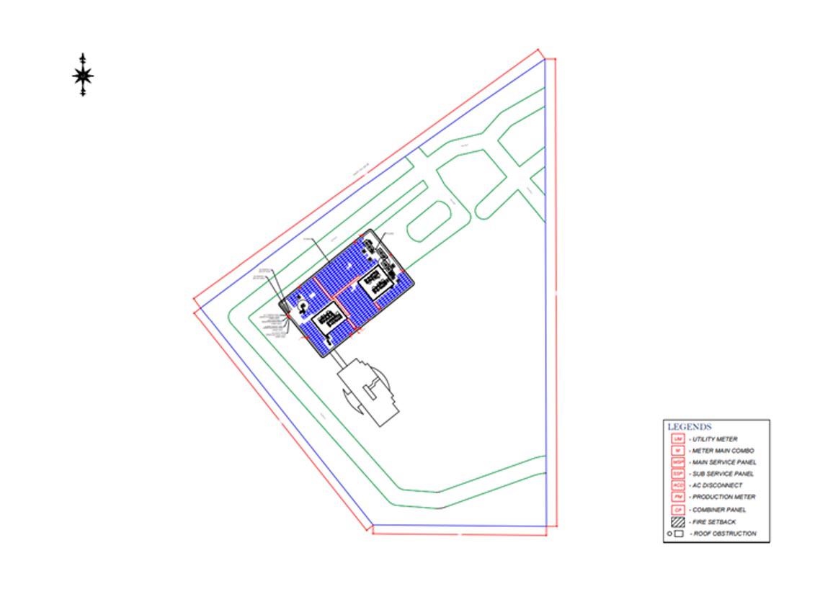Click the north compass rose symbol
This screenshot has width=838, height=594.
coord(84,75)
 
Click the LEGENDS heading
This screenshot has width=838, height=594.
coord(690,427)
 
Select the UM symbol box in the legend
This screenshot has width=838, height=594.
coord(677,439)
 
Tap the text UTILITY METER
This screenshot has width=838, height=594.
coord(715,439)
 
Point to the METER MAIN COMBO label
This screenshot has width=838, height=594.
coord(723,451)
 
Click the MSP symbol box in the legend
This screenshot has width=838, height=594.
coord(677,462)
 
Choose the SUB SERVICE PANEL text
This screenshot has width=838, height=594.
coord(723,474)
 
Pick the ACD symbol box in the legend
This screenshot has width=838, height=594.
coord(677,485)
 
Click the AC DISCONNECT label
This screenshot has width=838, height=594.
coord(717,485)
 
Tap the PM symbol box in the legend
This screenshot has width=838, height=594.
coord(677,497)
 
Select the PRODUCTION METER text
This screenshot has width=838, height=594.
coord(723,497)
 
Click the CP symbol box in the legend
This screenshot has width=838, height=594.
coord(677,510)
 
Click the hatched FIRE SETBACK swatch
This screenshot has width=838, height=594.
coord(677,522)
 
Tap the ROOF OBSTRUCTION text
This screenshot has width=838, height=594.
coord(724,534)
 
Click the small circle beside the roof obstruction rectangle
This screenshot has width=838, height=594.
coord(669,534)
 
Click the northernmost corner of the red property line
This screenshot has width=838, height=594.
coord(538,50)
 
